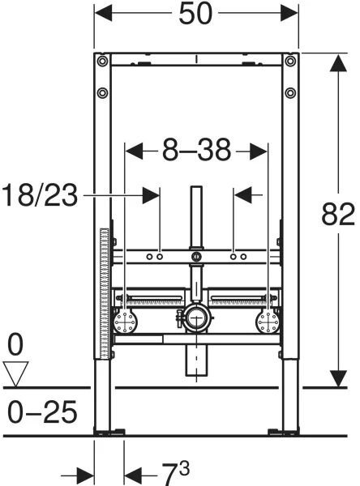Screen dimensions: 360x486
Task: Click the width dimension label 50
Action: pos(195,14)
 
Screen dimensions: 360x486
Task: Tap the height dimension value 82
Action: pos(337,214)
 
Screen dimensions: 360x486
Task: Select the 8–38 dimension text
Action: pos(197,150)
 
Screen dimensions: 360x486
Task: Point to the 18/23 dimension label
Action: pos(40,195)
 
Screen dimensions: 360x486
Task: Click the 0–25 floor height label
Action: pos(42,412)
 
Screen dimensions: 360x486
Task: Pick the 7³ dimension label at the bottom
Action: pos(176,473)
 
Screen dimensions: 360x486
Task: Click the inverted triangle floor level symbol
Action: pos(15,373)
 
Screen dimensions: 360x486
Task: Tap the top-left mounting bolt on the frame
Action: pos(102,61)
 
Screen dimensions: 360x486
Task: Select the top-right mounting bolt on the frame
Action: pos(290,61)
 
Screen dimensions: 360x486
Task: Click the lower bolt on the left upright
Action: pos(102,92)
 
